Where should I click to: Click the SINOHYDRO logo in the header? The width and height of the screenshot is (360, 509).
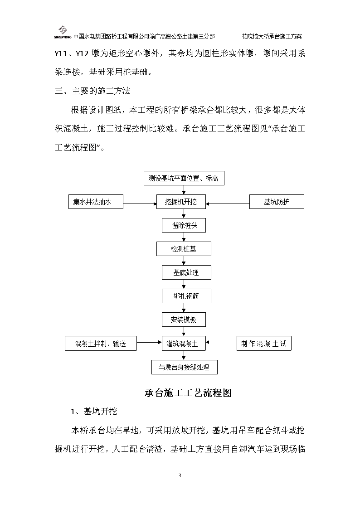point(63,33)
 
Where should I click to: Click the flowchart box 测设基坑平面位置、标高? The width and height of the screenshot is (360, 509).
point(184,178)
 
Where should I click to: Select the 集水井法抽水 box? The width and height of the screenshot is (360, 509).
point(96,202)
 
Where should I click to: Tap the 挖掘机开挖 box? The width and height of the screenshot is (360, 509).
point(181,202)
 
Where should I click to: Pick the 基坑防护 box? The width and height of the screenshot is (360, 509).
point(277,202)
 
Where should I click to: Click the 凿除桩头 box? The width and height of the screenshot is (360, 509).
point(184,225)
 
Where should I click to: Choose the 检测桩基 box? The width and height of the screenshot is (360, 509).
point(184,249)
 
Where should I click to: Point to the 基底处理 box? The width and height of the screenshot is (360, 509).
point(186,272)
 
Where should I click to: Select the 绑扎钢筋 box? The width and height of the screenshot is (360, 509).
point(186,296)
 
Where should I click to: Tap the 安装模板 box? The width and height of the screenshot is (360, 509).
point(184,320)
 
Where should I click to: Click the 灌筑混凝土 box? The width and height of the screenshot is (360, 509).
point(184,344)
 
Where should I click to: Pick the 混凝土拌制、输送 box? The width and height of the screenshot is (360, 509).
point(101,344)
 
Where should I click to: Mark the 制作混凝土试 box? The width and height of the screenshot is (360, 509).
point(264,344)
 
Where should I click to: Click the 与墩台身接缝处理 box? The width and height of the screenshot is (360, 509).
point(185,367)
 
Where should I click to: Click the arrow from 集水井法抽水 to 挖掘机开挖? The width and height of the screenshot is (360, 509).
point(140,204)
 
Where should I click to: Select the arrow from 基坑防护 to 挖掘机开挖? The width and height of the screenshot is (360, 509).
point(228,204)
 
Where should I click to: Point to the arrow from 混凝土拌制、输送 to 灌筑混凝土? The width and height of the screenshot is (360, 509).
point(149,342)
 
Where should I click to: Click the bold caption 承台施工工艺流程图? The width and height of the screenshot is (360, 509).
point(188,393)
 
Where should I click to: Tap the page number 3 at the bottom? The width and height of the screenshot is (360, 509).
point(180,475)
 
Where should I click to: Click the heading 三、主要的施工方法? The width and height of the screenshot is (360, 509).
point(92,91)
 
